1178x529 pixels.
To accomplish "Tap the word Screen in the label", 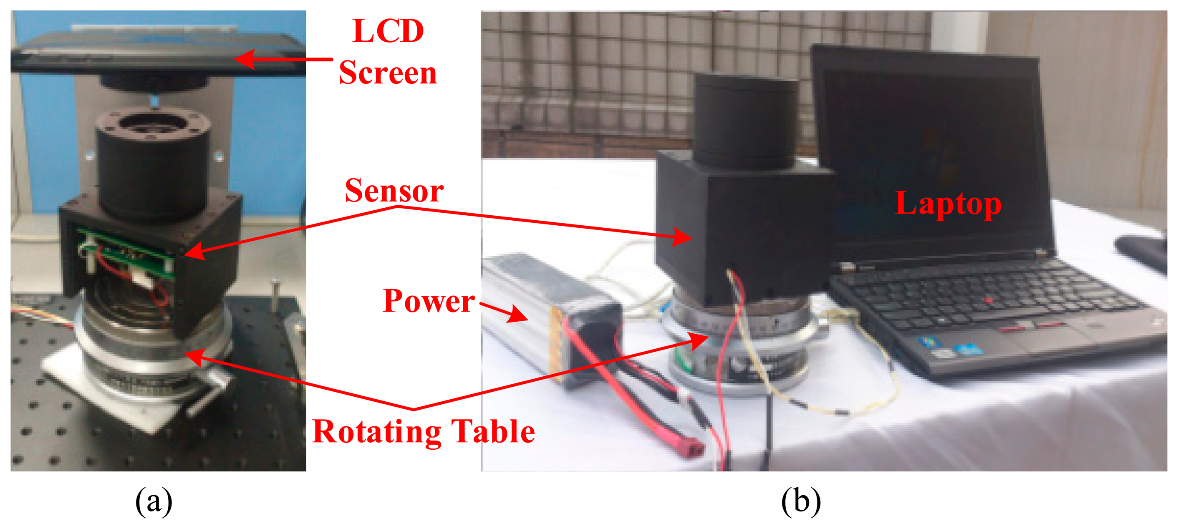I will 388,73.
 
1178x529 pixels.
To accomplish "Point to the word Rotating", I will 376,432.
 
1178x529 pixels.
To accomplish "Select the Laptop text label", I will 948,204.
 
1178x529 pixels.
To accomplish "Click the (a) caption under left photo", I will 154,501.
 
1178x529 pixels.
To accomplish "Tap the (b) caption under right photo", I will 800,501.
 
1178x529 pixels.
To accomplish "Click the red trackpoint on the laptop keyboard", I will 989,300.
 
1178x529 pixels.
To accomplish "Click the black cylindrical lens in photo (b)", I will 745,121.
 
